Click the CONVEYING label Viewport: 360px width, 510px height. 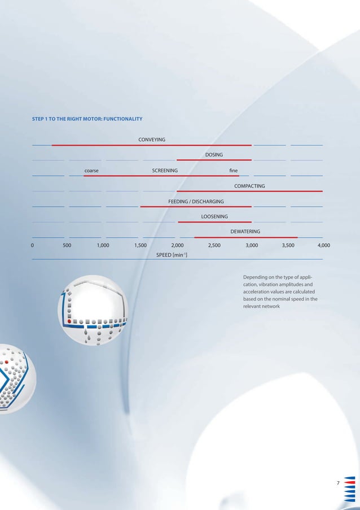(152, 140)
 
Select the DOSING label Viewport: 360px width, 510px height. (214, 155)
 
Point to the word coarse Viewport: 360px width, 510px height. (92, 170)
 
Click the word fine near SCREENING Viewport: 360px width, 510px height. (234, 170)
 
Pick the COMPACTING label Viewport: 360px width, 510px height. (249, 186)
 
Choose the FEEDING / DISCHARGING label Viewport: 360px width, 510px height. (196, 201)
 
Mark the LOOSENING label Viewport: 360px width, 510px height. (214, 216)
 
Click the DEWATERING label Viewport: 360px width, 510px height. (245, 232)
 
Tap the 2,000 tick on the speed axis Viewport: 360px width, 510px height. (177, 246)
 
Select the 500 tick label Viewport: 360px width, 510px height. (67, 246)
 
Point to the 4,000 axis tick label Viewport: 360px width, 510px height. (324, 246)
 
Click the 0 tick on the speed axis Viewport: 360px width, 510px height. (32, 246)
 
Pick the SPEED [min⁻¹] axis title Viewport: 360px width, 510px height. (172, 255)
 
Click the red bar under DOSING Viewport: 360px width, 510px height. (214, 160)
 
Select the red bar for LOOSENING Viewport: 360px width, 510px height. (214, 222)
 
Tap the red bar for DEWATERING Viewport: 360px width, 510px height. (245, 237)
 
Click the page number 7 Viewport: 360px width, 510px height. (337, 483)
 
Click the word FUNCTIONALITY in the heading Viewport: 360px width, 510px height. (119, 119)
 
